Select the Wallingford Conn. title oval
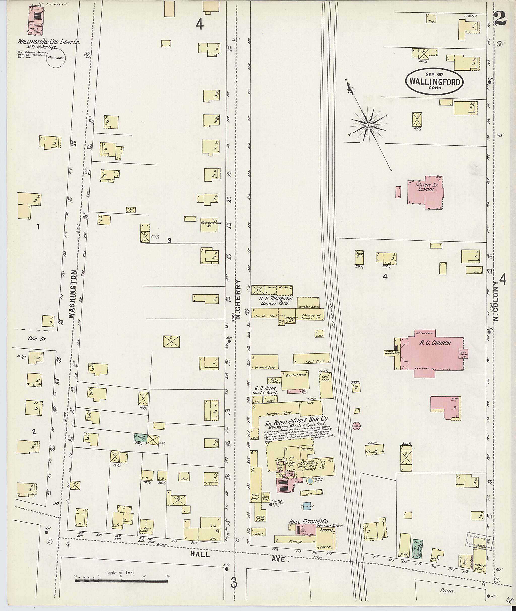pos(434,82)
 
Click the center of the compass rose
pos(369,125)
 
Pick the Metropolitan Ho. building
pos(209,225)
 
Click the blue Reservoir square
pos(307,506)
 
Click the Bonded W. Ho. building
pos(295,380)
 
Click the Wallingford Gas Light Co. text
pos(49,42)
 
